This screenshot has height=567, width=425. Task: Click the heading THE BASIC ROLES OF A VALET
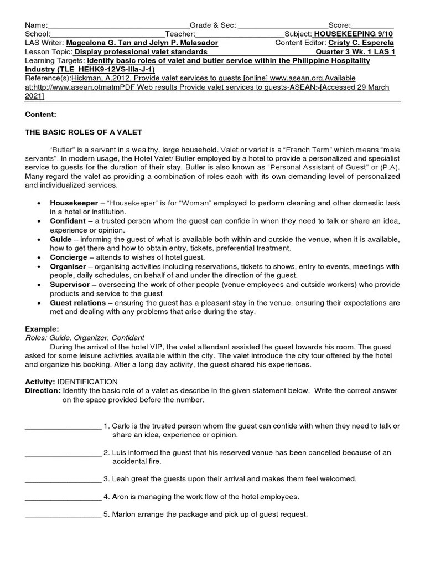pos(84,132)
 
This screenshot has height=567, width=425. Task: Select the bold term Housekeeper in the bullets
pos(72,204)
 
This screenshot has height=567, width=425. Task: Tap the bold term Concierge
pos(69,257)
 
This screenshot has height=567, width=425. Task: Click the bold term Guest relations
pos(77,303)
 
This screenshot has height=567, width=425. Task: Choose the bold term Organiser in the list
pos(69,266)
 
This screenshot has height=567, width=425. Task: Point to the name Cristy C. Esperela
pos(361,43)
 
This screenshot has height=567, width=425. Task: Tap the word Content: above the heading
pos(41,114)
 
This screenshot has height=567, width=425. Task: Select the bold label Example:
pos(42,329)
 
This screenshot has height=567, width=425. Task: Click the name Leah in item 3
pos(120,479)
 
